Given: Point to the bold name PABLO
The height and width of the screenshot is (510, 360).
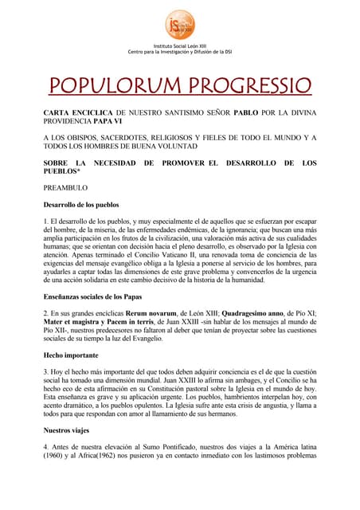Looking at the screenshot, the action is pos(246,115).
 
